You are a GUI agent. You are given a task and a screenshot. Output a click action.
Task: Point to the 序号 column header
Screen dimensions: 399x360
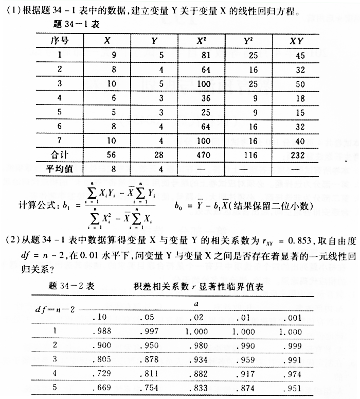point(60,40)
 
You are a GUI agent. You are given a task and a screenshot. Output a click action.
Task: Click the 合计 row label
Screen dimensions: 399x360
point(61,154)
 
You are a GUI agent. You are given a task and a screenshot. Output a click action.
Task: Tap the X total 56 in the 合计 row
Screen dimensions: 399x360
point(107,154)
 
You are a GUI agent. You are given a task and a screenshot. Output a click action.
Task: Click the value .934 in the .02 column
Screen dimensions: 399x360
point(194,352)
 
